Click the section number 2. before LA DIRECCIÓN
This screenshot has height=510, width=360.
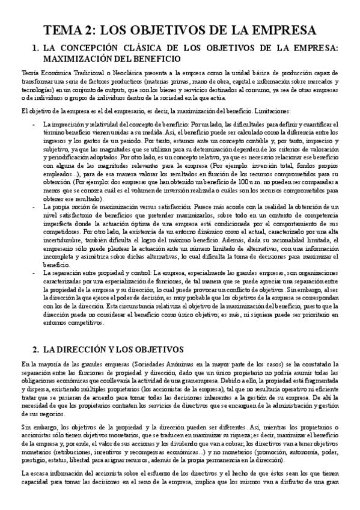35,349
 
